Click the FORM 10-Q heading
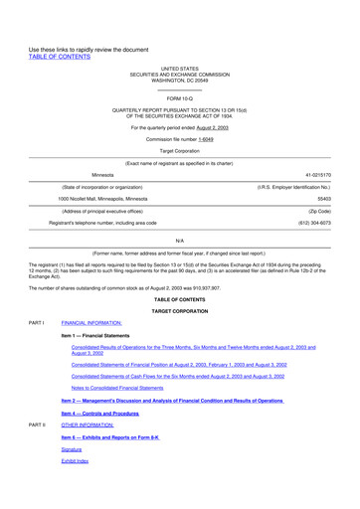click(x=179, y=99)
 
